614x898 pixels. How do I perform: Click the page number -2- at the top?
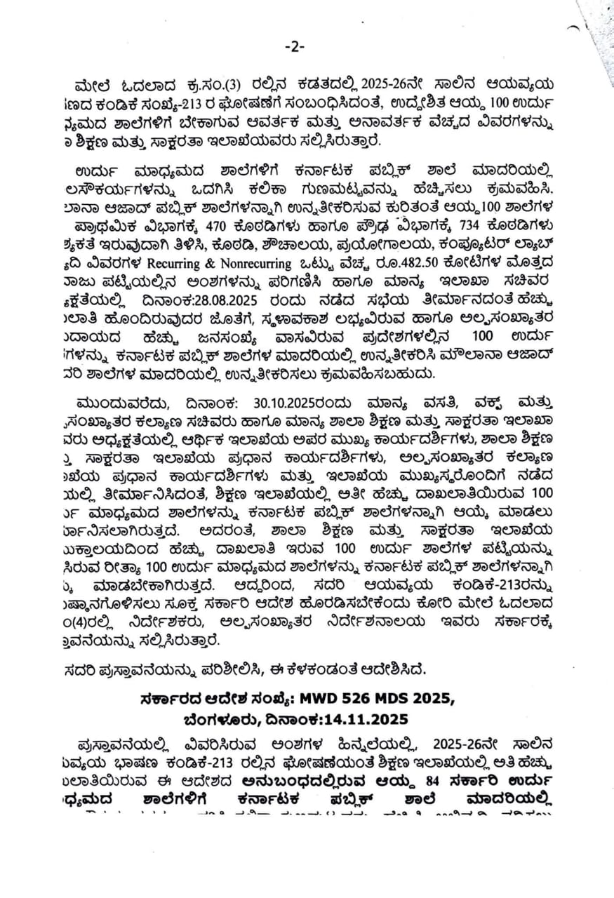tap(294, 47)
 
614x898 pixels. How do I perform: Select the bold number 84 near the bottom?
tap(420, 779)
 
